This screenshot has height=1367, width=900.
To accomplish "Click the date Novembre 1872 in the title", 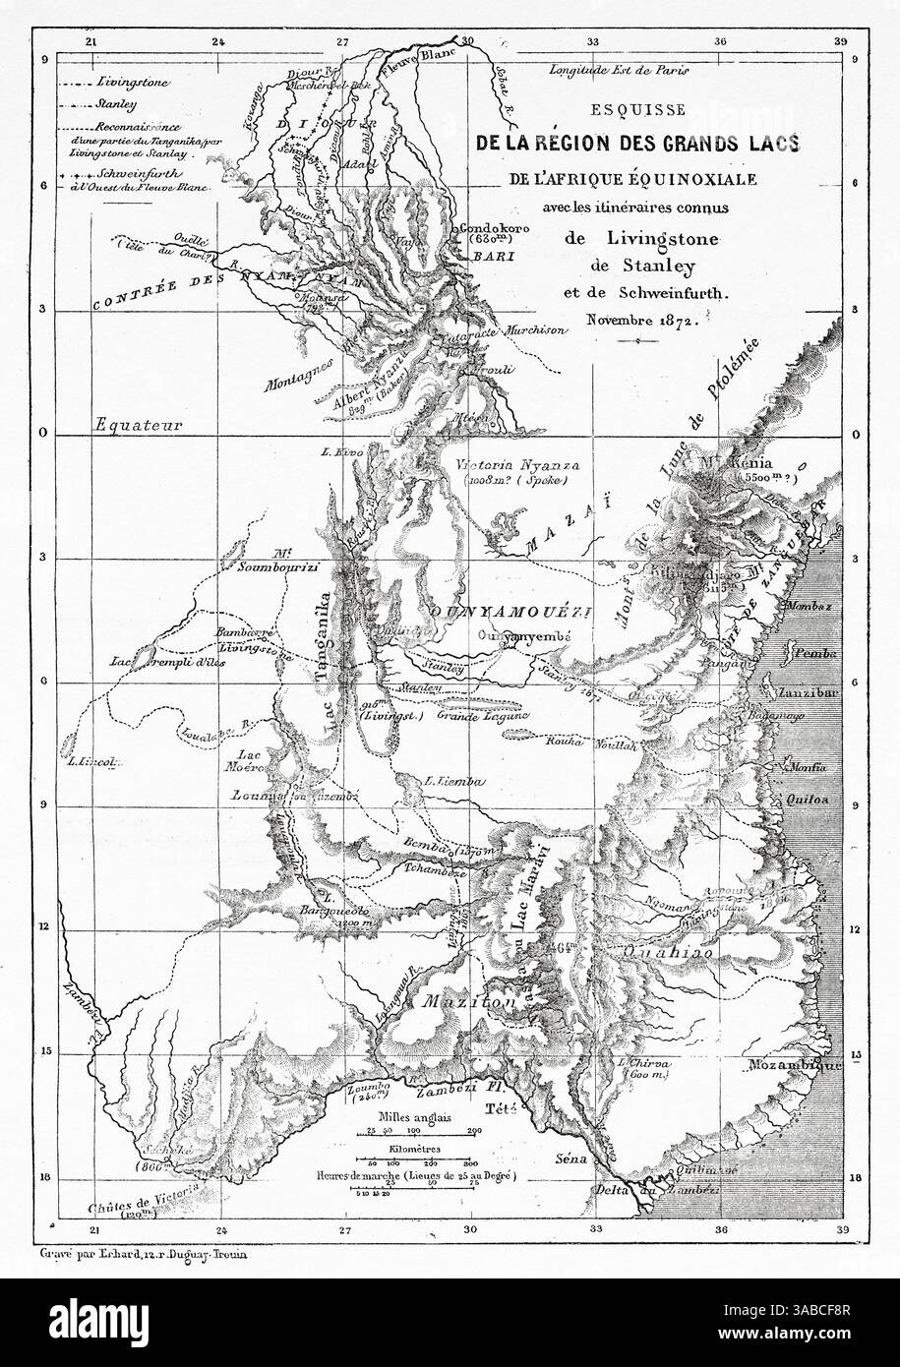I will (637, 320).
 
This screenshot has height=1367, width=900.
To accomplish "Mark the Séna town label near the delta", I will (570, 1159).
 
